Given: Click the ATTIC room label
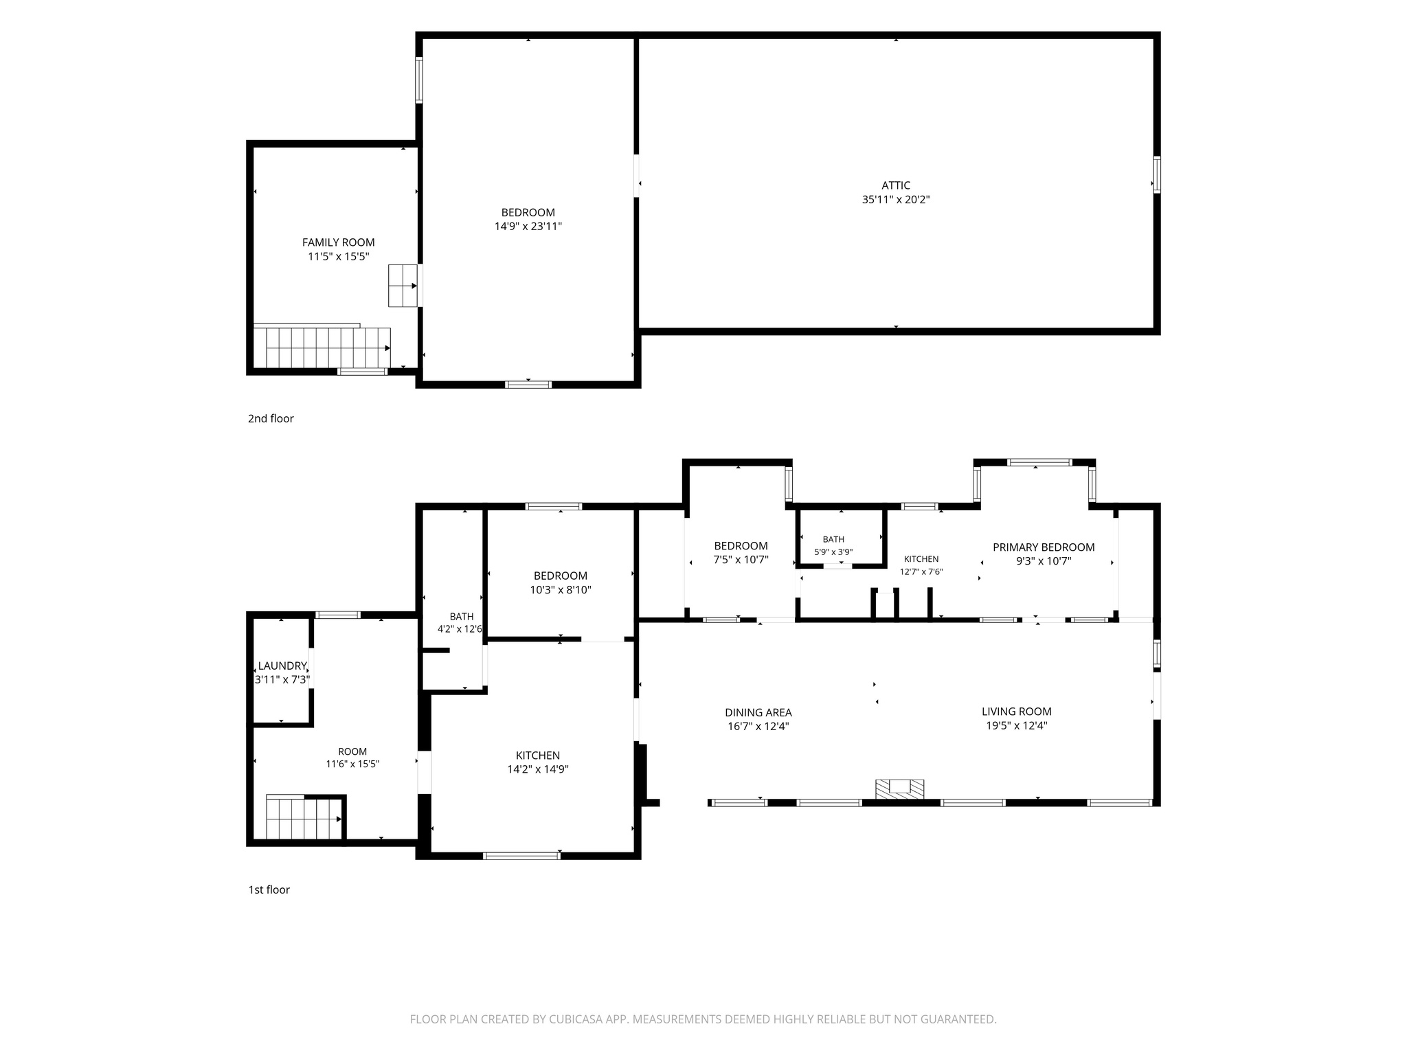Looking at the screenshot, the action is tap(896, 185).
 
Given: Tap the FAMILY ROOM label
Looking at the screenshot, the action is tap(339, 242).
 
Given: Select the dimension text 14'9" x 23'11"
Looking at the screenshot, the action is tap(528, 227).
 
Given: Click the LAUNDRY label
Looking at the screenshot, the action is tap(282, 666).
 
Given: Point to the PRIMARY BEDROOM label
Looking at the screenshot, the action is tap(1044, 547).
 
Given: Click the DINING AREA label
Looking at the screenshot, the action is tap(758, 712).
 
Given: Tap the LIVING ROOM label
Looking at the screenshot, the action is tap(1017, 712).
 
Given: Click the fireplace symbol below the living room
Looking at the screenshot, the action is tap(899, 789).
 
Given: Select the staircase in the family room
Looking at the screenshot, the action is tap(322, 348).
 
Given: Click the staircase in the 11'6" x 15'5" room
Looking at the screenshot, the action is tap(304, 819).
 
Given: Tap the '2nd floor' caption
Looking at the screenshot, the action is tap(271, 418).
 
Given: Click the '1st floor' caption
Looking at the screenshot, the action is tap(269, 889).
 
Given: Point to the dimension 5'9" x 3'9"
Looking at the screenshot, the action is tap(833, 552).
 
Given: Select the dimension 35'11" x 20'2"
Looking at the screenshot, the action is tap(896, 200).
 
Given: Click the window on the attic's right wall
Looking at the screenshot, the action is tap(1157, 174).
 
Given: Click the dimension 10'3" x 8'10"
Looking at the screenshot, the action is tap(561, 589).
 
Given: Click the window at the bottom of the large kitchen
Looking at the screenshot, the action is tap(521, 856).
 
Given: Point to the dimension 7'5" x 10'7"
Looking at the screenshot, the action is tap(741, 560).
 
